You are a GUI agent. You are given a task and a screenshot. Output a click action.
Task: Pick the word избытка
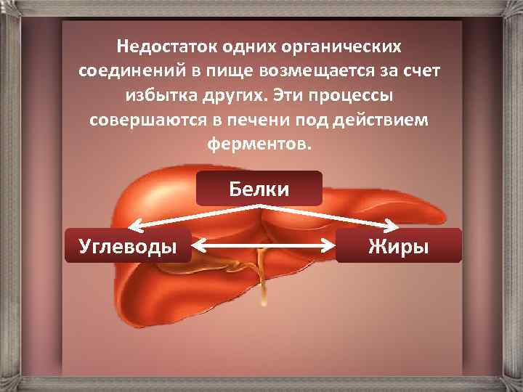[163, 95]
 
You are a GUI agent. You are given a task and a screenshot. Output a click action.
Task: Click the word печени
[275, 119]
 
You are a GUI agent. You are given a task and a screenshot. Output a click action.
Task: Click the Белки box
[259, 189]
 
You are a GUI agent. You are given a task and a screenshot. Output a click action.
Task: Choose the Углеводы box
[128, 245]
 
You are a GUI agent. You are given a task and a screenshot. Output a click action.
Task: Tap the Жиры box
[398, 245]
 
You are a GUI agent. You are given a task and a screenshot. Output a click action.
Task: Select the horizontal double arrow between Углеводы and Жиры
[264, 247]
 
